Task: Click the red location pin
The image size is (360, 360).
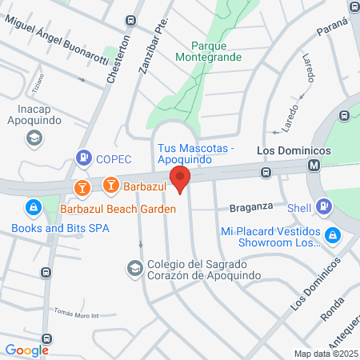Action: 180,179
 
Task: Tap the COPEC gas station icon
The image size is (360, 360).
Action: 82,158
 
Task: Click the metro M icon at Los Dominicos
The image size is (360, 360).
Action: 314,166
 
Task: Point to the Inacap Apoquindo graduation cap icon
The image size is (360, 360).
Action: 34,138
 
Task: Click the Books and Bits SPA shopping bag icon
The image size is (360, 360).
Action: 33,209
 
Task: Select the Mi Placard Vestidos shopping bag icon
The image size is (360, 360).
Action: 334,235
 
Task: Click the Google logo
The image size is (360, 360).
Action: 26,350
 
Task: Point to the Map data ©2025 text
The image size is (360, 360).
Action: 325,353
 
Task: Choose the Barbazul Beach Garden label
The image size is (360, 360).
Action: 118,208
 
